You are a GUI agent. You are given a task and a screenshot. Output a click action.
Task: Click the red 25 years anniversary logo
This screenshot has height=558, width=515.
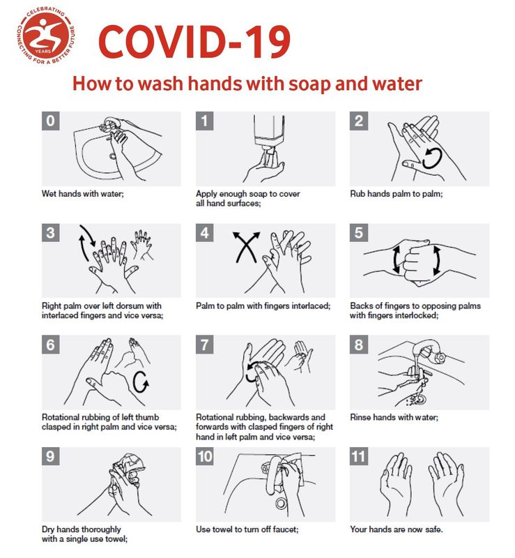click(x=46, y=37)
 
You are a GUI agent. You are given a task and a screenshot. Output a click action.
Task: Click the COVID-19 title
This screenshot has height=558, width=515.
click(x=194, y=42)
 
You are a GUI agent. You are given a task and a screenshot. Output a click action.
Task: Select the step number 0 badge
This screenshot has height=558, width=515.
click(x=50, y=121)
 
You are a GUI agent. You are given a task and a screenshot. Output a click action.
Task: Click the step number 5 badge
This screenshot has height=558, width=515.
click(x=358, y=233)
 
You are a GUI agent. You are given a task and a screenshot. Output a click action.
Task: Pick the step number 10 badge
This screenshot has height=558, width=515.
click(x=204, y=456)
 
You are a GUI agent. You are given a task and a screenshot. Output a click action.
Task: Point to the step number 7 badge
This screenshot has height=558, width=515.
click(x=204, y=345)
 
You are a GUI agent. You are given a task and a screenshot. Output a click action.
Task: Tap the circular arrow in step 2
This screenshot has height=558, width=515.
click(x=433, y=158)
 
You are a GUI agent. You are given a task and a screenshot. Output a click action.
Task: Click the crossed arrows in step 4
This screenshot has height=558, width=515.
click(x=246, y=247)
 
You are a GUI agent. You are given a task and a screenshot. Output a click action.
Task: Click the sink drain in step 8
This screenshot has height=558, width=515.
click(x=419, y=399)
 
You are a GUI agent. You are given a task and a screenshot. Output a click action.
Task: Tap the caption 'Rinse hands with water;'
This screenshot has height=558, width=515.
click(x=394, y=417)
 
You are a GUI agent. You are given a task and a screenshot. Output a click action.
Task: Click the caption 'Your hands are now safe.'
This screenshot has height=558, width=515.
click(x=397, y=529)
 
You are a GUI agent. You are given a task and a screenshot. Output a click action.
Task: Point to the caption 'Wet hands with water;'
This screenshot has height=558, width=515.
click(x=82, y=194)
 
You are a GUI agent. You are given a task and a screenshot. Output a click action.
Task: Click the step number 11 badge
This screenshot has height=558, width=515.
click(x=358, y=456)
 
